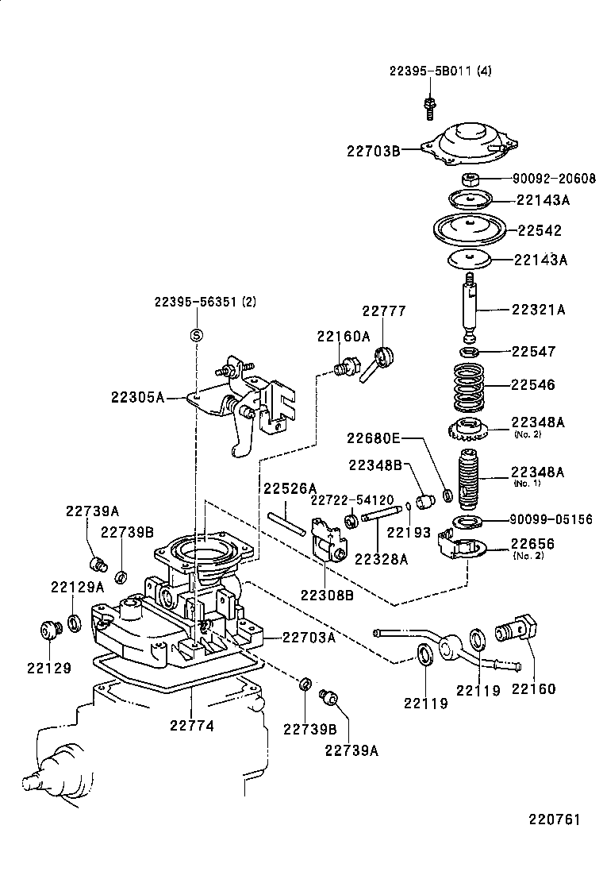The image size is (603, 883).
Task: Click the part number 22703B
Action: pos(373,148)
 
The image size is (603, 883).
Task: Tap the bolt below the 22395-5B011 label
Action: pos(429,106)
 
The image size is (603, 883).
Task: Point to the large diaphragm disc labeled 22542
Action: pos(468,229)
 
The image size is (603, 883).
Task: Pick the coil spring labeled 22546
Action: pos(468,385)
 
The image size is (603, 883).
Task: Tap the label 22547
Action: pos(533,351)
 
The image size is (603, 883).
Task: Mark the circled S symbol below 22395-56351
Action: pos(197,335)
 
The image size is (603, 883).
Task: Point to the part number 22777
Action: pos(384,310)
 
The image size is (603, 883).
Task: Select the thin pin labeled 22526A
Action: pos(286,525)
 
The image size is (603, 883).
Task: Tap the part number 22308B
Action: pos(326,593)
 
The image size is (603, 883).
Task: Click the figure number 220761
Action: pos(551,819)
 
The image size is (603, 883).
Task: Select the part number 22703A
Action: pos(309,636)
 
